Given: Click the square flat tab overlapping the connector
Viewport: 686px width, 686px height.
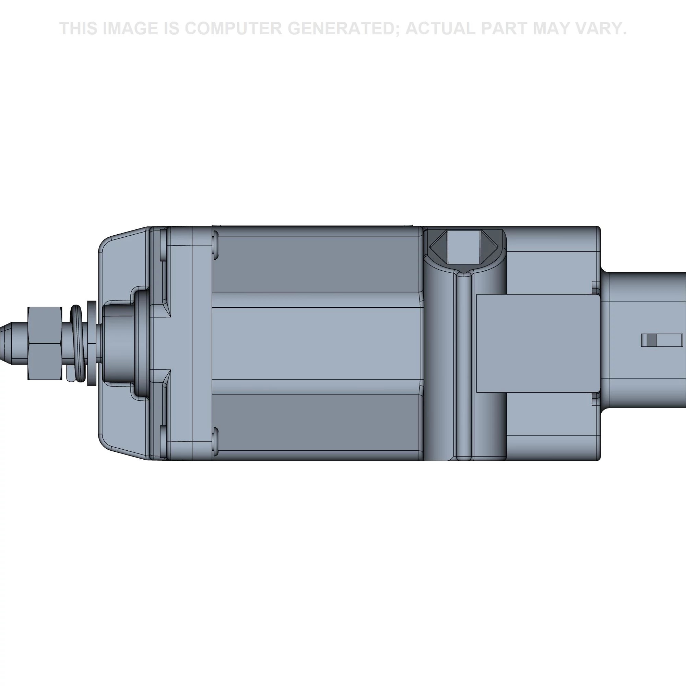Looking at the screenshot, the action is [538, 343].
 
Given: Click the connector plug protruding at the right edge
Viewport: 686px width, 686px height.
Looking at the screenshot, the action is [643, 343].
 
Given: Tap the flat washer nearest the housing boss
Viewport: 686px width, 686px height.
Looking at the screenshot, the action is [91, 343].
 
